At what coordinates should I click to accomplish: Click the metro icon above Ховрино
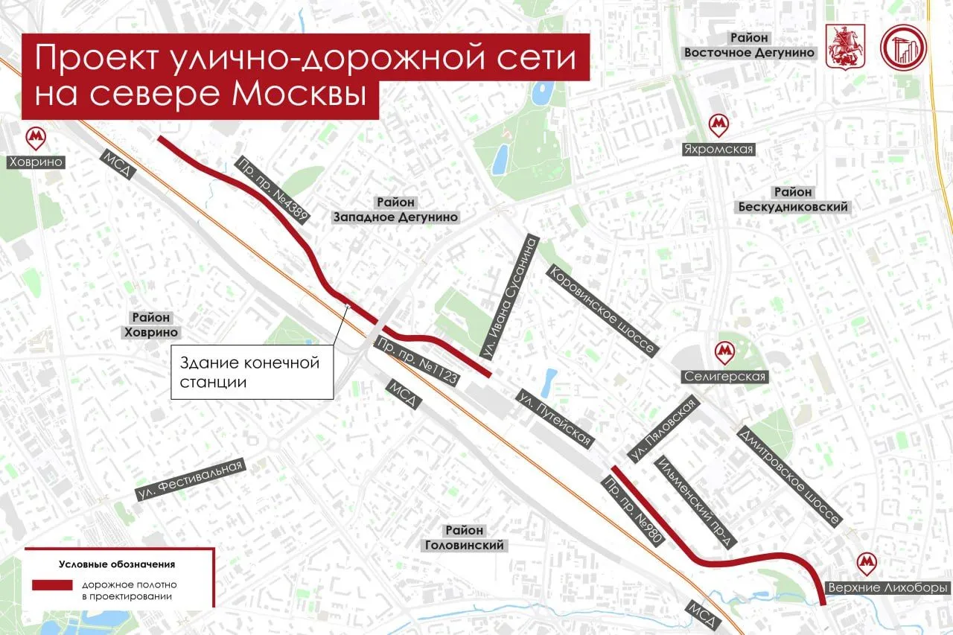click(34, 137)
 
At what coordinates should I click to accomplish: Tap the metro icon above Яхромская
click(718, 124)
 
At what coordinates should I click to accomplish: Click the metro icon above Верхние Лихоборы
click(867, 563)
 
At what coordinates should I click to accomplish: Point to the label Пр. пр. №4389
click(272, 191)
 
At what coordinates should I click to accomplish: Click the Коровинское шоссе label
click(602, 309)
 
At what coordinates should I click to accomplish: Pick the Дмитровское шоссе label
click(790, 476)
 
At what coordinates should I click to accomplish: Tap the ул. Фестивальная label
click(191, 480)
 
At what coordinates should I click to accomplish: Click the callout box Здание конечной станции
click(252, 372)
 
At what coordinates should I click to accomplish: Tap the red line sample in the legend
click(52, 585)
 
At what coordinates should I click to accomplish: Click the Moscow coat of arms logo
click(840, 46)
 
